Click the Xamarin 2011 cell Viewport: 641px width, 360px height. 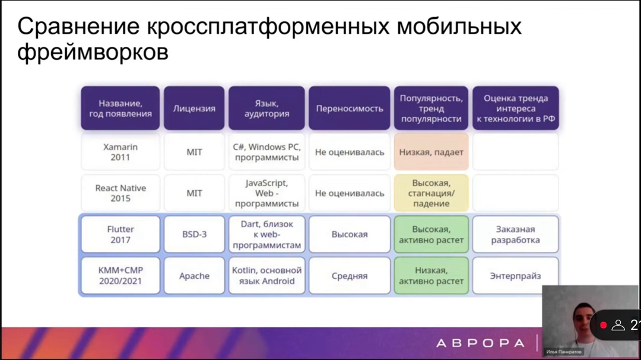(120, 152)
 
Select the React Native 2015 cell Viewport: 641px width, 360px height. (120, 193)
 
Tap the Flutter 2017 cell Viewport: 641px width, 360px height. (120, 234)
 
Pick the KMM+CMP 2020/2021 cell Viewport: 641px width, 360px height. (120, 275)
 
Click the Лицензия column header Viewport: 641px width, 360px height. (194, 109)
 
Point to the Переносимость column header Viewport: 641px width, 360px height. (350, 109)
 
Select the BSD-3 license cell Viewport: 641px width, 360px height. (194, 234)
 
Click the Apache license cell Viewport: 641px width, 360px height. (194, 275)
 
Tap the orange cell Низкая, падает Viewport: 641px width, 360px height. (431, 152)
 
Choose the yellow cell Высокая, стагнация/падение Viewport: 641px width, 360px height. (431, 193)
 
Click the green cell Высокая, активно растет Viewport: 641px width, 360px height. (431, 234)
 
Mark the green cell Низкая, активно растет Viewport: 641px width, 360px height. (431, 275)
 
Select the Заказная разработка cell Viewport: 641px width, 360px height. (515, 234)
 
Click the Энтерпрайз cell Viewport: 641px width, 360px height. (515, 275)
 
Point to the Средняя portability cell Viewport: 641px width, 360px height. (350, 275)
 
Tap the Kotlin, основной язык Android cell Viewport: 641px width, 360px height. (266, 275)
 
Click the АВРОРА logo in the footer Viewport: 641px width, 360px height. (480, 343)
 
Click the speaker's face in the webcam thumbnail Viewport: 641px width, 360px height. (580, 321)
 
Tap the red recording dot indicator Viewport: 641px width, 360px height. (603, 325)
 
